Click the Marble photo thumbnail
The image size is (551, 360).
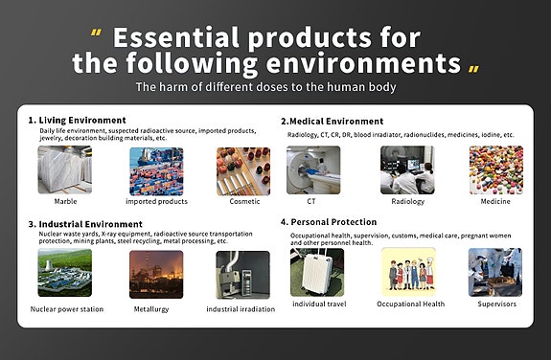coord(64,170)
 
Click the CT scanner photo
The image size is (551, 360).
coord(313,169)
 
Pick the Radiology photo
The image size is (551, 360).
coord(407,169)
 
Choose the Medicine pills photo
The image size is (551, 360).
coord(495,169)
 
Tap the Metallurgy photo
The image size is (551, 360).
coord(155,274)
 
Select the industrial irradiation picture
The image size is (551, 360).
coord(241,274)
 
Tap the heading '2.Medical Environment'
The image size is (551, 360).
coord(332,122)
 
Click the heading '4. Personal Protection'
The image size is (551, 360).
coord(329,222)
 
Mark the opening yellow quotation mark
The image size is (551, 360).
coord(97,34)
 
